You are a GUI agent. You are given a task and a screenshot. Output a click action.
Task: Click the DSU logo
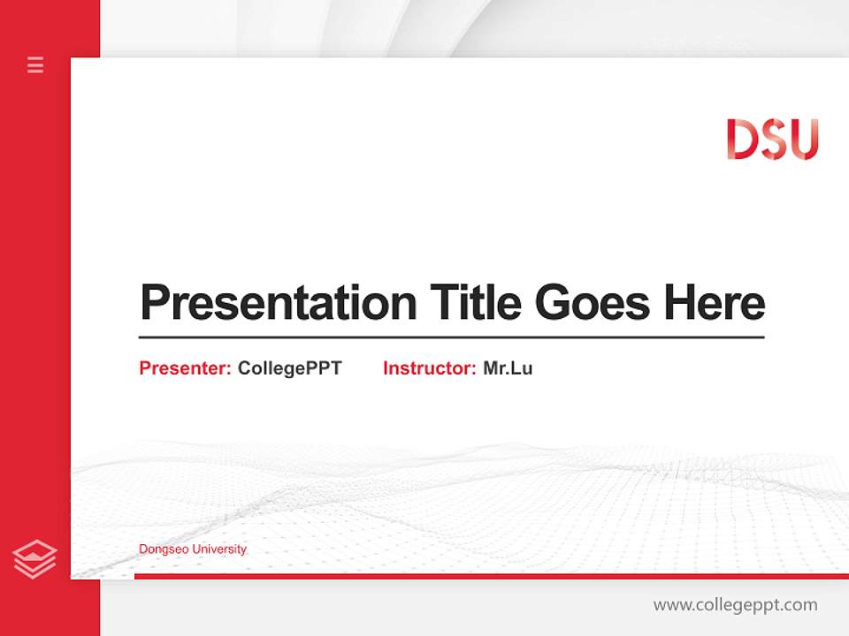pyautogui.click(x=772, y=140)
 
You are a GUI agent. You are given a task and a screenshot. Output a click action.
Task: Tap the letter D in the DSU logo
pyautogui.click(x=742, y=140)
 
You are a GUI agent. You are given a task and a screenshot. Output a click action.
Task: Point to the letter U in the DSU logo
pyautogui.click(x=803, y=140)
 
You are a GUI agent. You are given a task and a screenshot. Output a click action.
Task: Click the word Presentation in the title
pyautogui.click(x=278, y=303)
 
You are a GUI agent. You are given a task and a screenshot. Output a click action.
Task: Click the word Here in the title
pyautogui.click(x=714, y=302)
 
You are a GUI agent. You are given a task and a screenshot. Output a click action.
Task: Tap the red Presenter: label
pyautogui.click(x=185, y=368)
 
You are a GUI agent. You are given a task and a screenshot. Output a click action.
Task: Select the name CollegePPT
pyautogui.click(x=289, y=368)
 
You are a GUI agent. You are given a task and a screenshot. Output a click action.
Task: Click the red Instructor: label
pyautogui.click(x=429, y=368)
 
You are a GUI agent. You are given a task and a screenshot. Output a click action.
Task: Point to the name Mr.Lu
pyautogui.click(x=508, y=368)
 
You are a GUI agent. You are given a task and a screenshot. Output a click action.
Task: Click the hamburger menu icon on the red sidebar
pyautogui.click(x=35, y=64)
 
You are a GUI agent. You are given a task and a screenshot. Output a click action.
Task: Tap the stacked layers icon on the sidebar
pyautogui.click(x=35, y=558)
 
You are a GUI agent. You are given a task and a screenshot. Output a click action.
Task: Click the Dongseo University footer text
pyautogui.click(x=193, y=549)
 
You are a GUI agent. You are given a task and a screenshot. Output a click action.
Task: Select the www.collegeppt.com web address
pyautogui.click(x=735, y=605)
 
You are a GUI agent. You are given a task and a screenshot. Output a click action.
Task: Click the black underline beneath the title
pyautogui.click(x=451, y=337)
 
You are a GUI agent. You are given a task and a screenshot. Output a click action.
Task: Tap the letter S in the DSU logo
pyautogui.click(x=772, y=140)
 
